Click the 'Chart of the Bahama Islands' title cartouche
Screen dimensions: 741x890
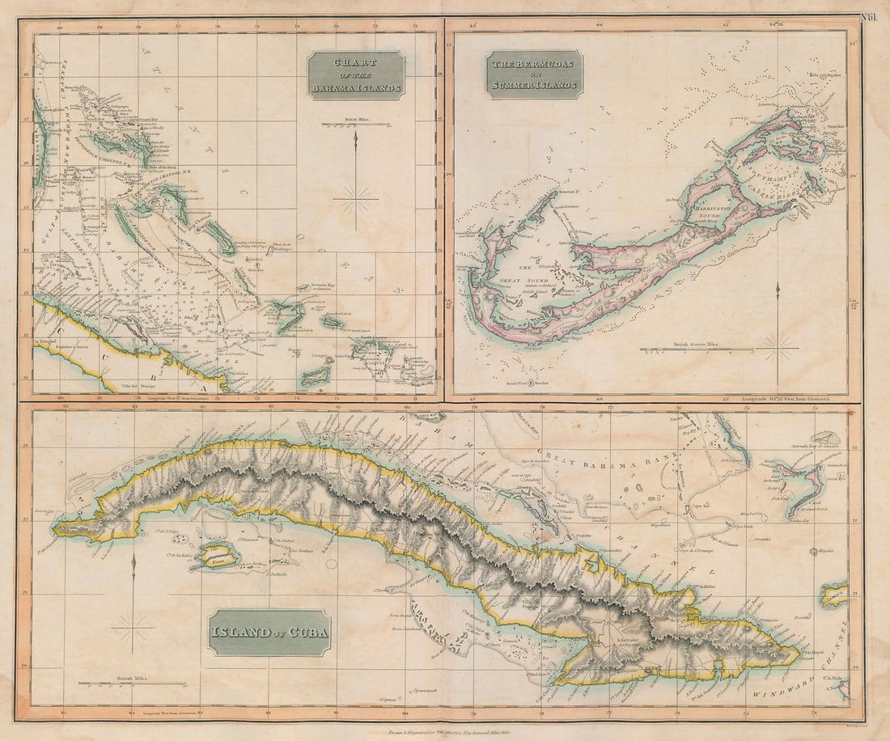pos(356,75)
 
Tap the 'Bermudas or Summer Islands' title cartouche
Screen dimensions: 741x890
pos(533,74)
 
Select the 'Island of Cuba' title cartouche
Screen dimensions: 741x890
pos(271,632)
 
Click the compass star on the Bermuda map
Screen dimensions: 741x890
pos(777,349)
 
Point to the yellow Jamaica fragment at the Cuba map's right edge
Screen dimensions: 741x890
pos(833,597)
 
